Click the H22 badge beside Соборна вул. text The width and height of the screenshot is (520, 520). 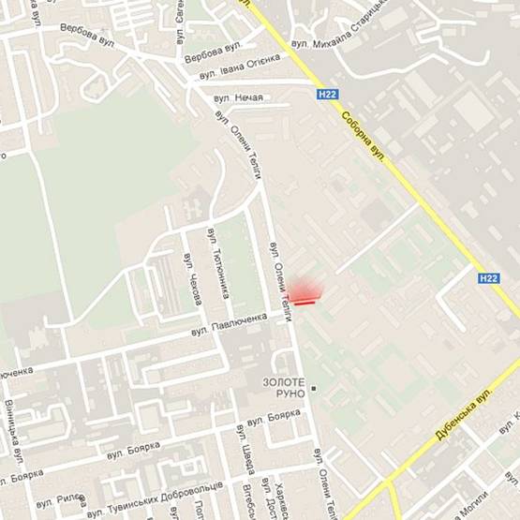pos(326,94)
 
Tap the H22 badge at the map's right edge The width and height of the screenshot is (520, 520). pos(488,277)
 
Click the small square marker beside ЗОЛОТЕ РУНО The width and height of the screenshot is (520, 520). pos(315,388)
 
